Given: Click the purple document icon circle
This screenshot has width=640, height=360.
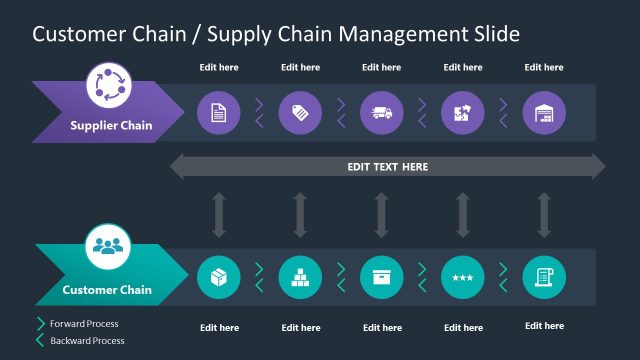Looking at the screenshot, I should pos(218,112).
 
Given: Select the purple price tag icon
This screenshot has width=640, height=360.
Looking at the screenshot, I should pos(300,112).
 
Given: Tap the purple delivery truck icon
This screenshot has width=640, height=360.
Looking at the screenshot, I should pos(381,112).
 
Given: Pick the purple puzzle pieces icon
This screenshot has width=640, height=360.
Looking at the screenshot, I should pos(462,112).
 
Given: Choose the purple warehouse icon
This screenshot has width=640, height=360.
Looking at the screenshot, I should pos(544,112).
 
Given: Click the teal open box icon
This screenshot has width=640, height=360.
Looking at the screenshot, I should pos(218,277).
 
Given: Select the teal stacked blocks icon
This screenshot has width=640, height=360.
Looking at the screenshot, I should pos(300,277).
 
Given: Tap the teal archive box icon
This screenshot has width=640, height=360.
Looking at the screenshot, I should pos(381,277).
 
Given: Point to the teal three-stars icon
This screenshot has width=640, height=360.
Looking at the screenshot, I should pos(462,277).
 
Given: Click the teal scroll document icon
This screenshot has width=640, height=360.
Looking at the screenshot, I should pos(544,277).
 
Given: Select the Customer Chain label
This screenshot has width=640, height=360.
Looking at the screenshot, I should pos(107,290).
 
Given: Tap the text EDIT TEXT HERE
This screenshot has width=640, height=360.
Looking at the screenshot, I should pos(387,167).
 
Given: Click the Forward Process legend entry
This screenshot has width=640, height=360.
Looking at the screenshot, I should pos(84,324).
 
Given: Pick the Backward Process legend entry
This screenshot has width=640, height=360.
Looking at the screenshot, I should pos(87,341).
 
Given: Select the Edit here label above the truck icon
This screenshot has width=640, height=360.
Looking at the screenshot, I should pos(381,68).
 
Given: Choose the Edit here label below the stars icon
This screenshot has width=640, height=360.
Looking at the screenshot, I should pos(462,328).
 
